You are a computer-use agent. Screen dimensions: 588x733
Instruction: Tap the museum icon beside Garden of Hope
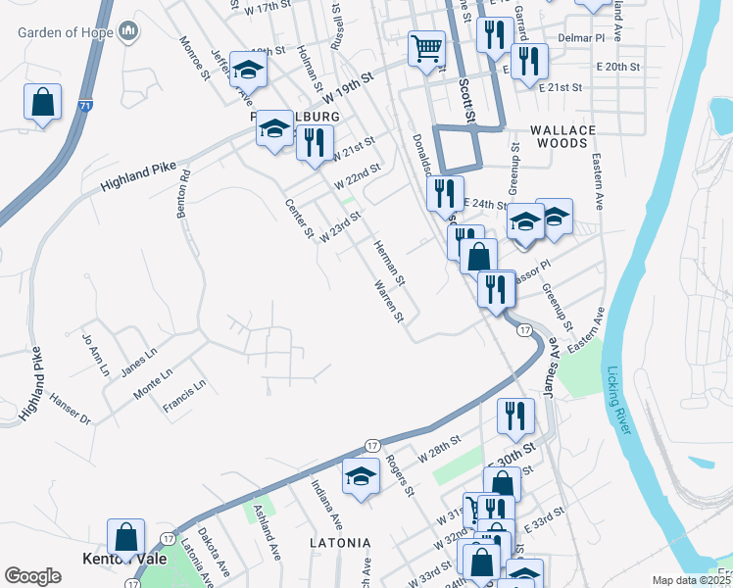(129, 33)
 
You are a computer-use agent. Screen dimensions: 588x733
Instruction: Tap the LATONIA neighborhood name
(340, 542)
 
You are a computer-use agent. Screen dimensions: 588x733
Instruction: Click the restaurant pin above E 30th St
(513, 417)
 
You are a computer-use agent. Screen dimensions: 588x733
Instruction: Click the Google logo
(33, 575)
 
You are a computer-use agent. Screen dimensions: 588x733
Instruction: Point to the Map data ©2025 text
(691, 580)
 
